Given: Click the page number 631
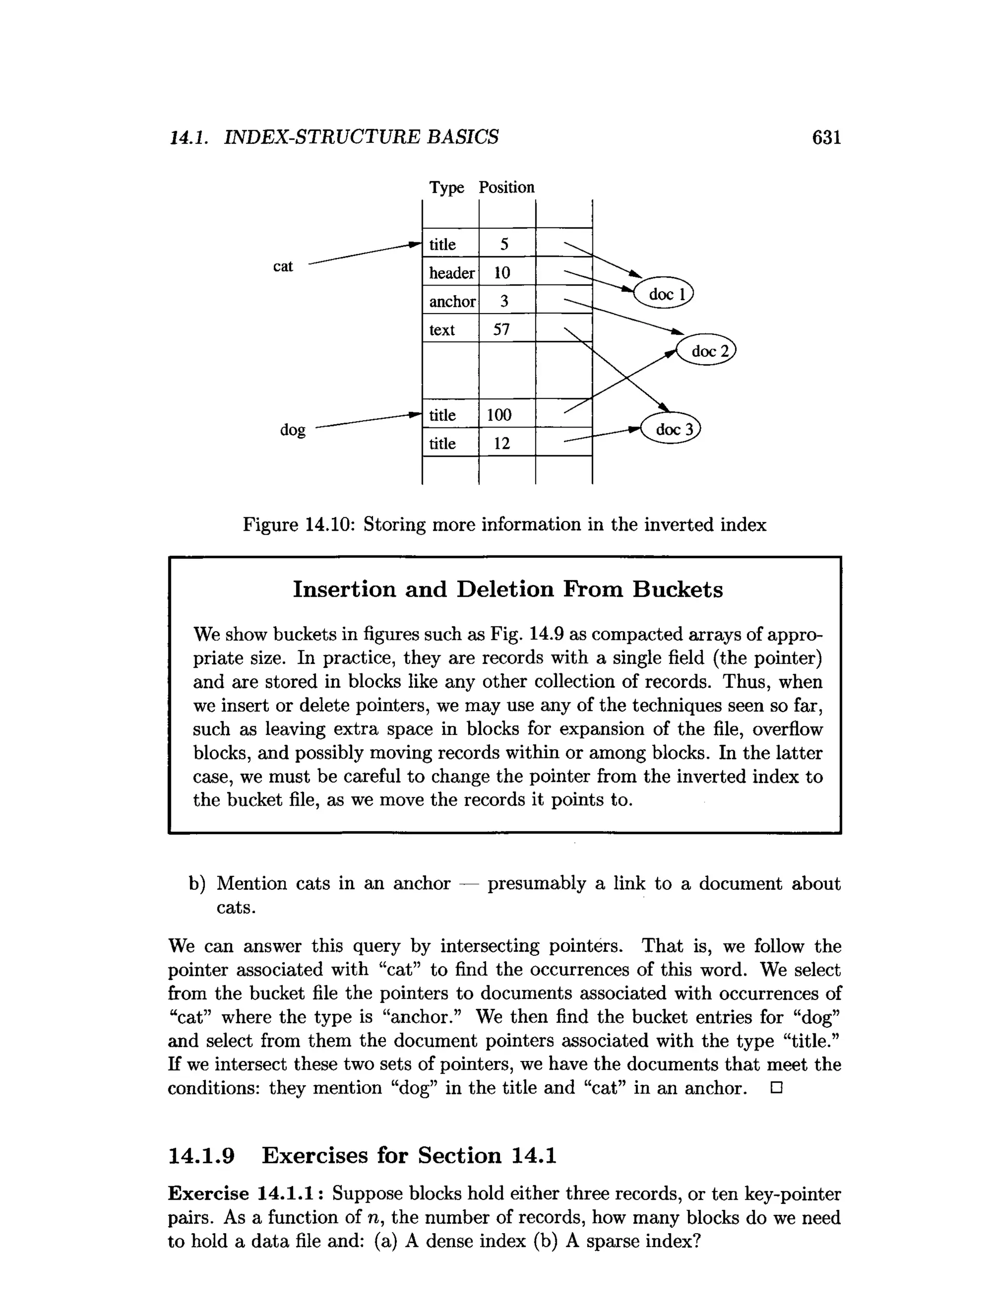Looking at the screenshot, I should pos(826,138).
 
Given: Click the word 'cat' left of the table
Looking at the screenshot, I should pos(283,266).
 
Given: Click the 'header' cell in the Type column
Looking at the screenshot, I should pos(451,273).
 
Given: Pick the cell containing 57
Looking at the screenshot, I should pos(502,329).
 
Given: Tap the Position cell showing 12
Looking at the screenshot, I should pos(502,444).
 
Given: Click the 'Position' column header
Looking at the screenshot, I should pos(506,187).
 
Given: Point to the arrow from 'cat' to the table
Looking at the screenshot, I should pos(362,254).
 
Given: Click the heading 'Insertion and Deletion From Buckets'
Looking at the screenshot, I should pos(508,589).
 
